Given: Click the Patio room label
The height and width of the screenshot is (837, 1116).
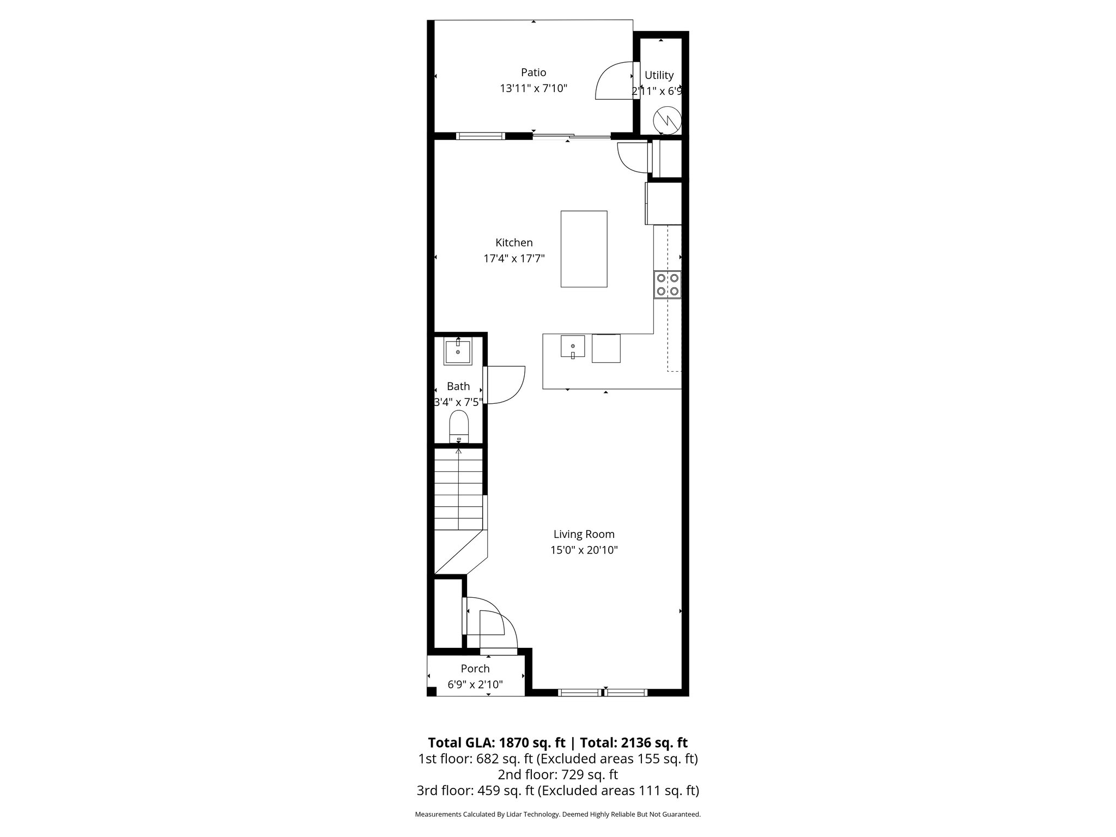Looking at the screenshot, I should click(x=533, y=72).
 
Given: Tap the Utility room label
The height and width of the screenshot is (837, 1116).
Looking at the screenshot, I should click(x=659, y=75).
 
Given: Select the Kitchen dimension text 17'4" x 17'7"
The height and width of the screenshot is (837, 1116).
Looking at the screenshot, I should click(x=514, y=258).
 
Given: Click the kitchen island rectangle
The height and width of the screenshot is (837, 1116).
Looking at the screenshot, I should click(x=584, y=248).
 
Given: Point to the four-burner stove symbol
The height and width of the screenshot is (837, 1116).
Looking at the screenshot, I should click(x=668, y=284).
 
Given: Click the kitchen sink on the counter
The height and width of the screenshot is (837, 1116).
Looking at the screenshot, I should click(x=573, y=347).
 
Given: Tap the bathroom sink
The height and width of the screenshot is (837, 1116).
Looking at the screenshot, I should click(x=458, y=351).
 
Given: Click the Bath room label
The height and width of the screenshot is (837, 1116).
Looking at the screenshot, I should click(x=458, y=386).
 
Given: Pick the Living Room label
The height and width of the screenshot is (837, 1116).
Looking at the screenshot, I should click(x=584, y=535).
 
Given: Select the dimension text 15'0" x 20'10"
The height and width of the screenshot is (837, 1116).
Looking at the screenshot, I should click(x=584, y=550).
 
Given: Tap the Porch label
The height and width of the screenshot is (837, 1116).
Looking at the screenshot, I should click(x=475, y=669).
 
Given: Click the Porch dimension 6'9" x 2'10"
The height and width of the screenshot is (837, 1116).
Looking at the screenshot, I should click(x=475, y=684).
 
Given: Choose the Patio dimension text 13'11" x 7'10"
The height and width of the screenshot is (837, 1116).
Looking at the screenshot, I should click(x=533, y=88).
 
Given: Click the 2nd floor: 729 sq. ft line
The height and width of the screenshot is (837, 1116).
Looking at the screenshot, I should click(x=557, y=774).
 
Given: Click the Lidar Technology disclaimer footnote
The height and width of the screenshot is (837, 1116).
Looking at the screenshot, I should click(x=557, y=814).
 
